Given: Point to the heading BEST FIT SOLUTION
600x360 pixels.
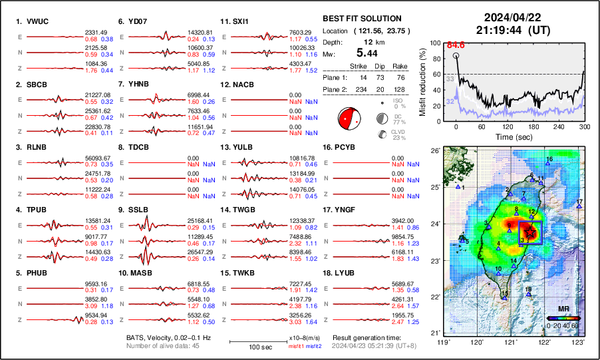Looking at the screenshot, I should [x=362, y=19].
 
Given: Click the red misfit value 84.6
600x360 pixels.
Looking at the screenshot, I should [x=456, y=45].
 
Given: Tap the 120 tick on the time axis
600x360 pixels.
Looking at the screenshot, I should [x=508, y=126].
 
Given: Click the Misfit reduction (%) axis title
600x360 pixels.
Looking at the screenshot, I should [x=424, y=81].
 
